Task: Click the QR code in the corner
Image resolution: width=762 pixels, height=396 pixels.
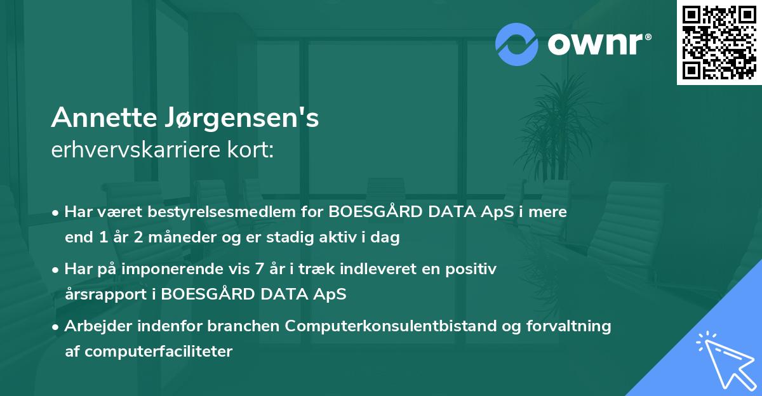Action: point(719,43)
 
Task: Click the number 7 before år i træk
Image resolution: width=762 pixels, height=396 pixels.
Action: point(257,269)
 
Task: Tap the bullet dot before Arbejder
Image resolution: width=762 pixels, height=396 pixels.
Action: point(57,327)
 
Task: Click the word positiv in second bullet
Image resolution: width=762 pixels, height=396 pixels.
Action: point(474,269)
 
